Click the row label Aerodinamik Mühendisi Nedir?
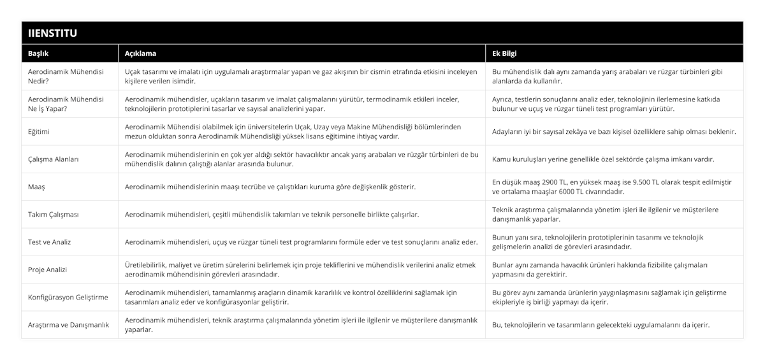click(66, 76)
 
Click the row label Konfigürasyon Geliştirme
click(68, 298)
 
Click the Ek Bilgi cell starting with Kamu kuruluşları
click(603, 159)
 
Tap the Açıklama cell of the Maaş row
click(270, 187)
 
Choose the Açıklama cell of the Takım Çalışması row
click(272, 215)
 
